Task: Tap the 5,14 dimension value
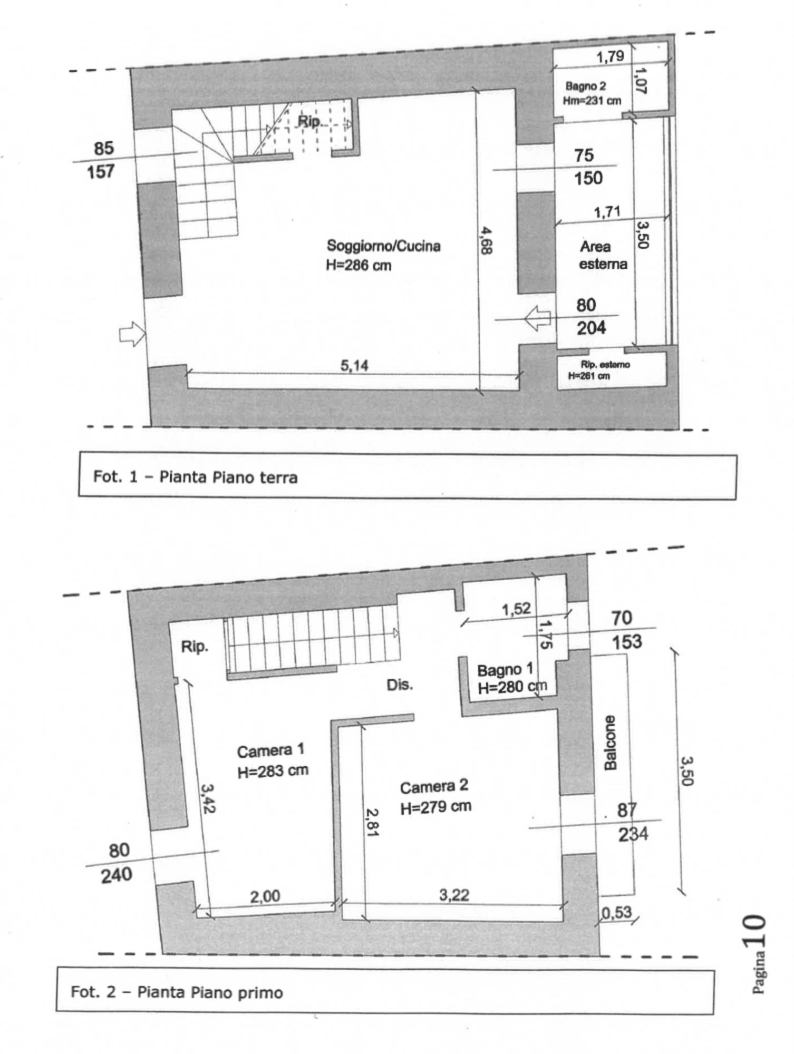pyautogui.click(x=354, y=365)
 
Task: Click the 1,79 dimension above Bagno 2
pyautogui.click(x=611, y=56)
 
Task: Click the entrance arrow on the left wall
pyautogui.click(x=132, y=334)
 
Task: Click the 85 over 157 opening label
pyautogui.click(x=102, y=160)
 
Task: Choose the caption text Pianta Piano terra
pyautogui.click(x=228, y=477)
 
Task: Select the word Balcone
pyautogui.click(x=609, y=743)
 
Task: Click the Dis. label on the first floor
pyautogui.click(x=400, y=685)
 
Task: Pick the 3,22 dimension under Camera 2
pyautogui.click(x=454, y=895)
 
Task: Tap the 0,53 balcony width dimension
pyautogui.click(x=616, y=912)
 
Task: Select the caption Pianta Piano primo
pyautogui.click(x=210, y=992)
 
